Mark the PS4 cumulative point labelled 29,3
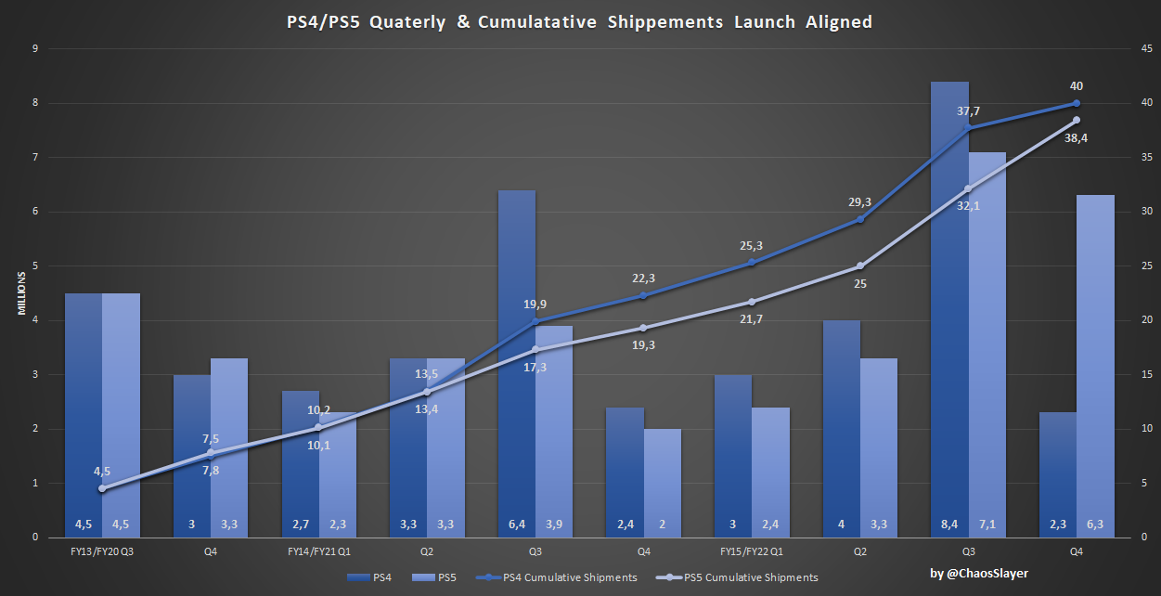(859, 219)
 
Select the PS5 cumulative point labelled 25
(859, 266)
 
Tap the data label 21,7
(753, 319)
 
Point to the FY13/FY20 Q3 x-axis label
(102, 551)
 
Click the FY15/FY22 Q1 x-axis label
(752, 551)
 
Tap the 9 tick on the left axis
(34, 49)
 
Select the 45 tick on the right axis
(1147, 49)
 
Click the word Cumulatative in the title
(550, 21)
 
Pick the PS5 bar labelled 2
(662, 483)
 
